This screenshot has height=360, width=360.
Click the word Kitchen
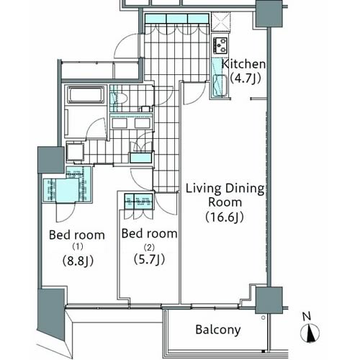pos(243,64)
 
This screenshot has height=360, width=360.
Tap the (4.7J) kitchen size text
pos(246,78)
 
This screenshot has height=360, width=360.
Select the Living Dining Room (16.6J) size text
pos(225,217)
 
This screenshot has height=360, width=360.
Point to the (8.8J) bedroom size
pos(78,261)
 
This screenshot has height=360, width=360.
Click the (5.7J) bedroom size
pos(149,259)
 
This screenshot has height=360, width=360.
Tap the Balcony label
pos(218,330)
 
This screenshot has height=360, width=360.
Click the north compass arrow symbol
pos(310,333)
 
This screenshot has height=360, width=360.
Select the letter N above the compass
pos(307,316)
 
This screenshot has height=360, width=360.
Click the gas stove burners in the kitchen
pos(220,45)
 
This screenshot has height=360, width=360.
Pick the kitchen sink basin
pos(220,85)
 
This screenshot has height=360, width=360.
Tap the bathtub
pos(86,94)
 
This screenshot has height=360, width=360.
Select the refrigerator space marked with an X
pos(221,22)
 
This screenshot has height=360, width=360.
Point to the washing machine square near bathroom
pos(75,152)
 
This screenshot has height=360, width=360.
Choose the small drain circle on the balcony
pos(264,318)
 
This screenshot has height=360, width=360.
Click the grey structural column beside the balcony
pos(269,300)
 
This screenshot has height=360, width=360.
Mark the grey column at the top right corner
pos(269,14)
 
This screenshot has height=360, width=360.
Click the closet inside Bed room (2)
pos(138,202)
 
